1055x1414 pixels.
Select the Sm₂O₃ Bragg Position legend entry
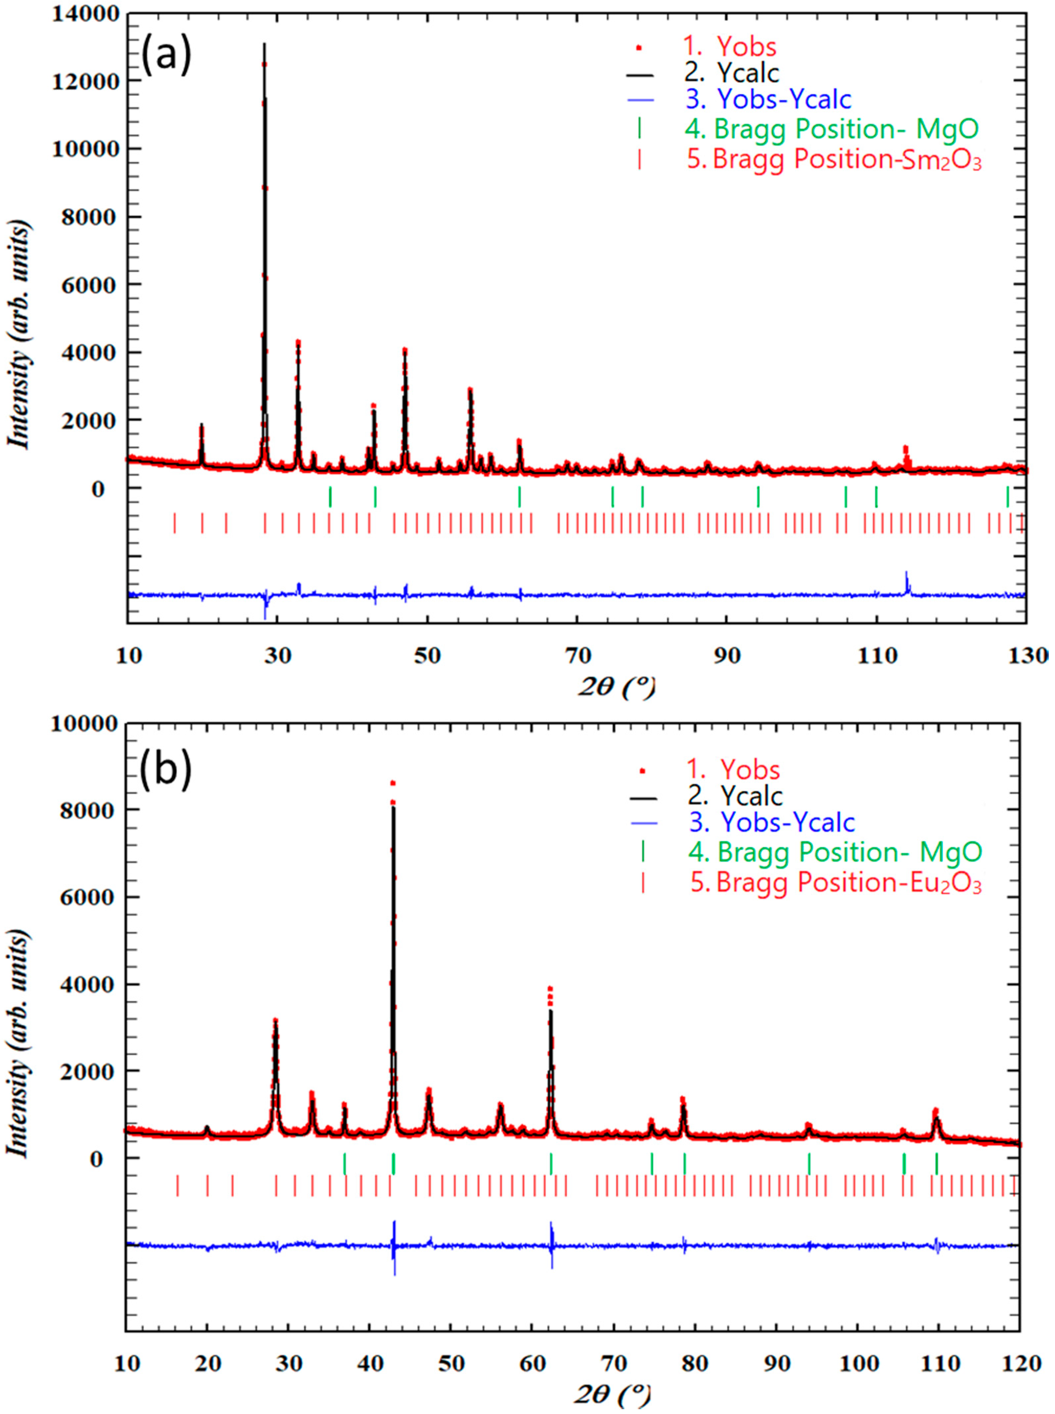tap(846, 159)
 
